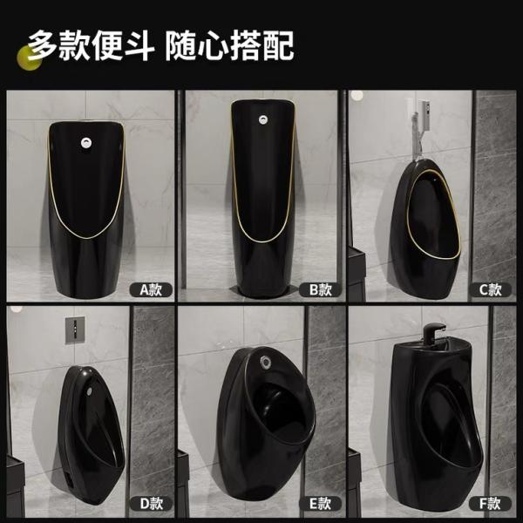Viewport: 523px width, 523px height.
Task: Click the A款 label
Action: [151, 289]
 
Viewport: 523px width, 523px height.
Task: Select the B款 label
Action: [320, 289]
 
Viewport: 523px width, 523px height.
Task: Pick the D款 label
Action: [151, 503]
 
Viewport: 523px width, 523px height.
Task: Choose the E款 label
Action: [320, 503]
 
